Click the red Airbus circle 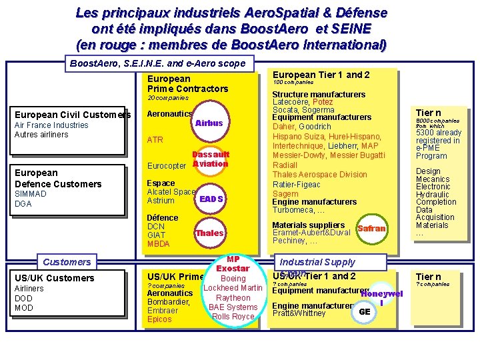tap(209, 123)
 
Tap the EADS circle tap(210, 199)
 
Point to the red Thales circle tap(209, 233)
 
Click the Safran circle tap(371, 228)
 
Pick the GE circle tap(364, 311)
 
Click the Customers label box tap(67, 262)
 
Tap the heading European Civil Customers tap(73, 115)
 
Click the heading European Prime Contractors tap(187, 83)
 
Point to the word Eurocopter tap(166, 166)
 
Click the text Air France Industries tap(51, 125)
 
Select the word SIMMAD tap(31, 194)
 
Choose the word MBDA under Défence tap(158, 244)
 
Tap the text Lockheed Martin tap(233, 288)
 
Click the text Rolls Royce tap(233, 317)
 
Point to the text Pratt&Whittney tap(299, 313)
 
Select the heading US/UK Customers tap(54, 278)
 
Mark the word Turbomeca tap(294, 210)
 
